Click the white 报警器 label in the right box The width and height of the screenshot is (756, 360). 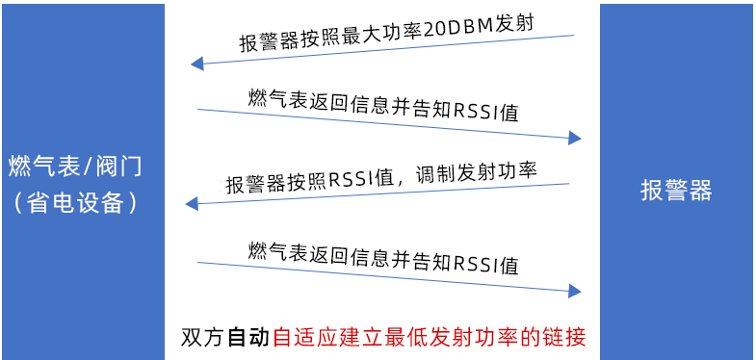(x=676, y=191)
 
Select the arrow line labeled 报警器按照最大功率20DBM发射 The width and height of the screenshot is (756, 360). (x=385, y=50)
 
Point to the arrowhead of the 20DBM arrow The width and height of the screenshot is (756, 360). (x=196, y=64)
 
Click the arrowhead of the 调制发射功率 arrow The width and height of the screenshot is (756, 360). (x=191, y=202)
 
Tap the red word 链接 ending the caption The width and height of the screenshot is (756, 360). (x=563, y=338)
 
